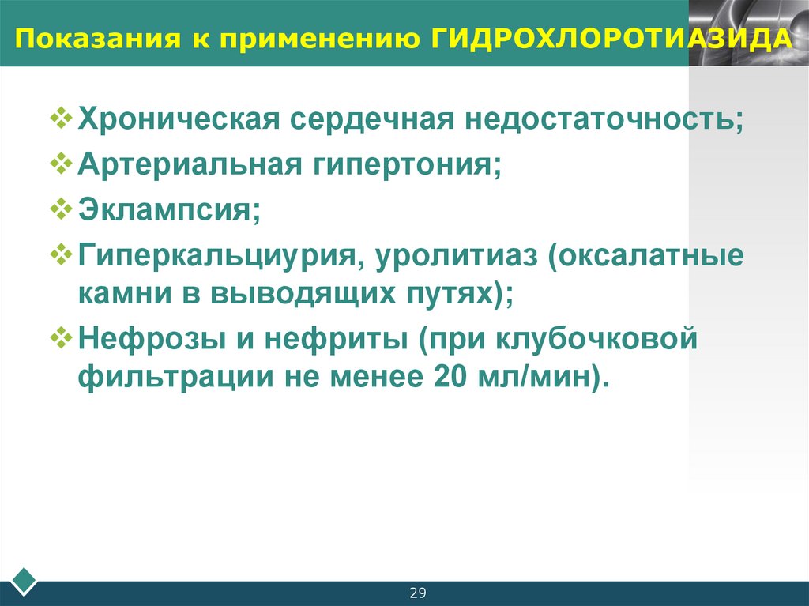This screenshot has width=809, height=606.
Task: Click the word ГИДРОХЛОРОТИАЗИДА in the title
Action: [612, 39]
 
